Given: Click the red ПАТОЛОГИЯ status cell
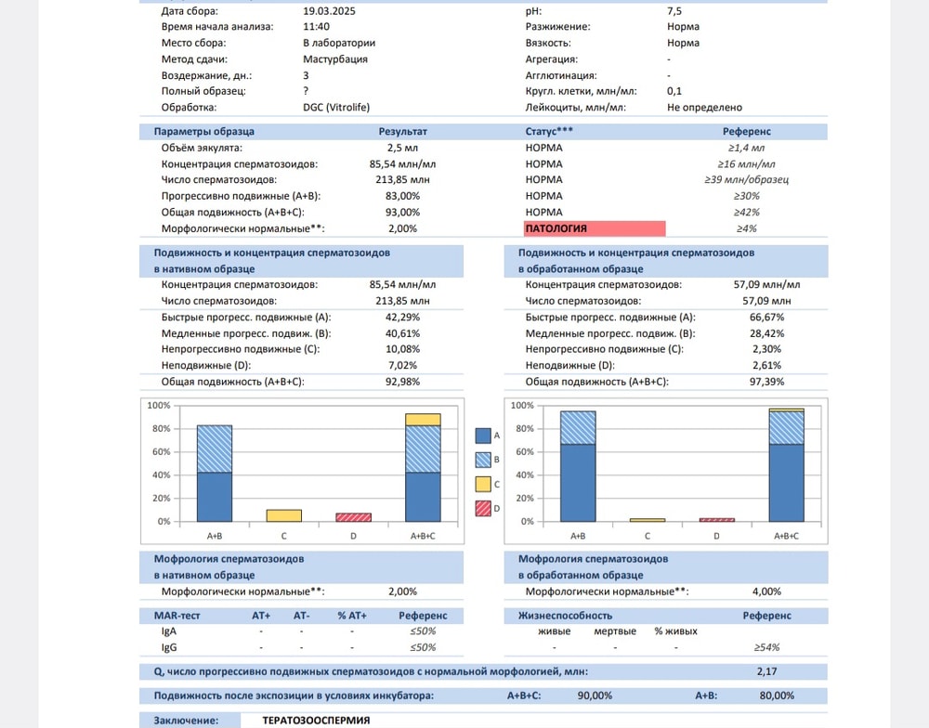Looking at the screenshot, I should (595, 228).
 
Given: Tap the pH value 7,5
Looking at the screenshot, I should (674, 11).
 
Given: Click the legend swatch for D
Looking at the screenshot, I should (483, 508).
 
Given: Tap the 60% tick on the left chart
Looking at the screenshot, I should (159, 452).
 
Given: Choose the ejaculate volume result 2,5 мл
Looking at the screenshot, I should (402, 148).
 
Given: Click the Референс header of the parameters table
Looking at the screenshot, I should (746, 132).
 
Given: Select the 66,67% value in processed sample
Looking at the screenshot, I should (766, 317).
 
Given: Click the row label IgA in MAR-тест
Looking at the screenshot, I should (169, 631).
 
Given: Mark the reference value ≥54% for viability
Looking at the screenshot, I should (766, 647).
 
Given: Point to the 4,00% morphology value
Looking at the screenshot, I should (766, 591).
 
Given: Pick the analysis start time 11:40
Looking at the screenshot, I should (316, 27).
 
